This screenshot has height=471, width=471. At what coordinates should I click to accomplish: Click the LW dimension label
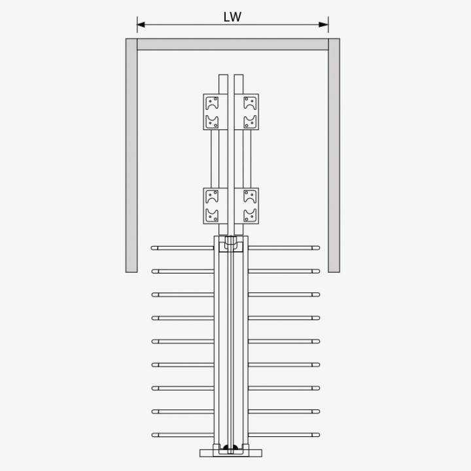click(x=232, y=17)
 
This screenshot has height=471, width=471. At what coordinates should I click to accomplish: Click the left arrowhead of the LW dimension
click(x=141, y=25)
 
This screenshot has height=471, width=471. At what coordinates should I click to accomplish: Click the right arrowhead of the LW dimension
click(x=324, y=25)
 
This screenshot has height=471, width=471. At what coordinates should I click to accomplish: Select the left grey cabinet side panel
click(x=131, y=155)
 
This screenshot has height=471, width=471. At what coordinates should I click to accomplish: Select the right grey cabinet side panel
click(x=334, y=155)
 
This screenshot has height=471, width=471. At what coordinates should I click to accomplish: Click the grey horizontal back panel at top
click(x=232, y=44)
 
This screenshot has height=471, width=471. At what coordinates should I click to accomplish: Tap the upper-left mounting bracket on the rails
click(x=215, y=112)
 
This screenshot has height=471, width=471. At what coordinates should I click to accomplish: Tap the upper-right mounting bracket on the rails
click(x=247, y=112)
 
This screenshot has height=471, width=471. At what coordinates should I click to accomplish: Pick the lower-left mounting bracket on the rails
click(x=215, y=206)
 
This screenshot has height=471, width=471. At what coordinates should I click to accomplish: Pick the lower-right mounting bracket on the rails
click(x=247, y=206)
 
